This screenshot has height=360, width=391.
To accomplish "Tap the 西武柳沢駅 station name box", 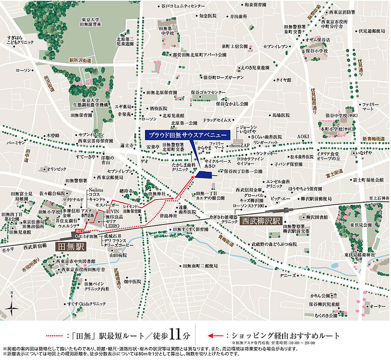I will (x=261, y=221).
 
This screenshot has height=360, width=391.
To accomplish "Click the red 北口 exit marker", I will (x=79, y=231).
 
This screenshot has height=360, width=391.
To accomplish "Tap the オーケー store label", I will (x=377, y=307).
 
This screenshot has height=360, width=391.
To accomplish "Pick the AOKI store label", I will (x=303, y=136).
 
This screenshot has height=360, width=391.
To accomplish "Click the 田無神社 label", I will (x=158, y=193).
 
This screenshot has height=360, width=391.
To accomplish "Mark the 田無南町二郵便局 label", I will (x=199, y=265).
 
